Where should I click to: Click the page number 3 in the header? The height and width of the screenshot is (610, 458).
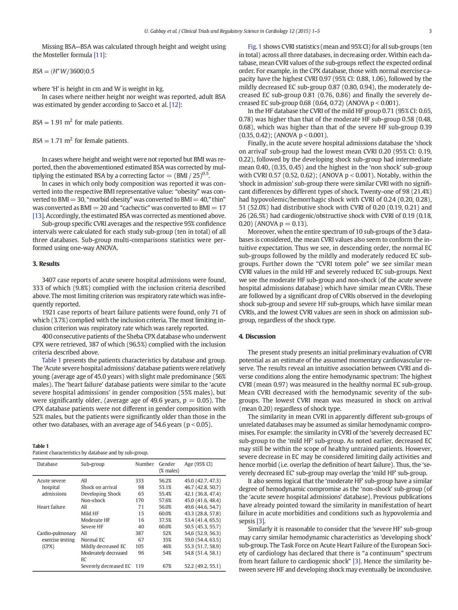coord(430,31)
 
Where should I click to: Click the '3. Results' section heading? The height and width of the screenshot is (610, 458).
coord(46,264)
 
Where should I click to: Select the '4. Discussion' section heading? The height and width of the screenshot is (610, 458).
coord(257,336)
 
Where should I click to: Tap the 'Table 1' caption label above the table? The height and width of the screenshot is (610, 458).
coord(41,446)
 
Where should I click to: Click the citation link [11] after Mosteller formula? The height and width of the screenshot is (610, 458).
coord(99,55)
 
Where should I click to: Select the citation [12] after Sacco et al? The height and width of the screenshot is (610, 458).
coord(175,105)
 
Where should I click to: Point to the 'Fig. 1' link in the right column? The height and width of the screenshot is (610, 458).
coord(254,47)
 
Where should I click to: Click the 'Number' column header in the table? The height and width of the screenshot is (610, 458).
coord(144,464)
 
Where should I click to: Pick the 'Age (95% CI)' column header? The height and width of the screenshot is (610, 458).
coord(198,464)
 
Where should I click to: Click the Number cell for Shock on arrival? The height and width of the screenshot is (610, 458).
coord(141,487)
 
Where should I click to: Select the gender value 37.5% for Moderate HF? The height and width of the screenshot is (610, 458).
coord(165,520)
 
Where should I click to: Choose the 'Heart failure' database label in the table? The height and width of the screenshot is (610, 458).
coord(51,507)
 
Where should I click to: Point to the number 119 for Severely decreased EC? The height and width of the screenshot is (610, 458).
coord(140,566)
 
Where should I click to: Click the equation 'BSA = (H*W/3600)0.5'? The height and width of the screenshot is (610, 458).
coord(63,71)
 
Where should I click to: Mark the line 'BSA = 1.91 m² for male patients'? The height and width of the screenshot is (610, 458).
coord(78,122)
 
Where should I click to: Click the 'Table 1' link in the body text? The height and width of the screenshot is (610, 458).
coord(51,360)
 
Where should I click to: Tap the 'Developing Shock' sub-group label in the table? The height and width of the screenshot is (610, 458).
coord(101,494)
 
